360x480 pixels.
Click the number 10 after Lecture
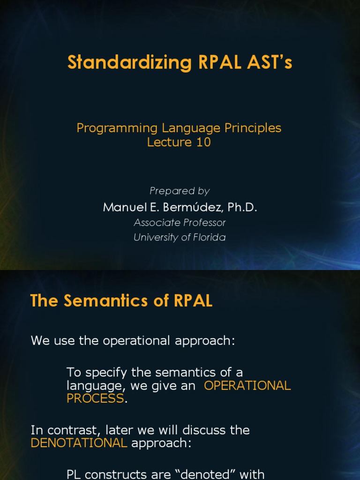203,142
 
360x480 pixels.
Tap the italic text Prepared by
180,191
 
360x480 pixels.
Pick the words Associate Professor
180,223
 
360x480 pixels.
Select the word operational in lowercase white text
131,341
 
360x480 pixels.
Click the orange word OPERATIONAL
248,386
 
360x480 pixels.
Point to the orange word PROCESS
95,398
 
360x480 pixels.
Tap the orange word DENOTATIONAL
79,443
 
